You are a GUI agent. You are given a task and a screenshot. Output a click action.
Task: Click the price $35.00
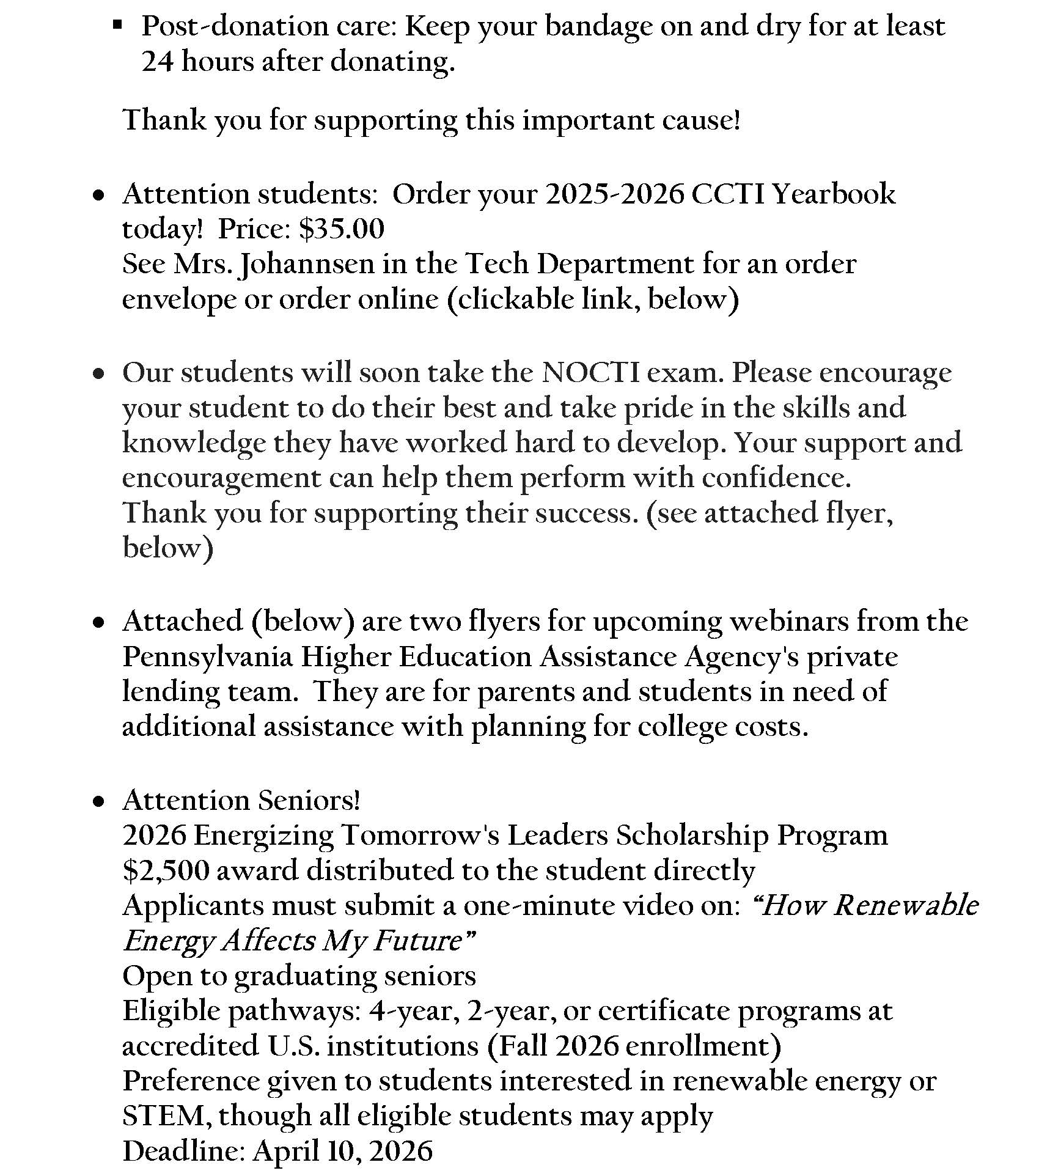click(x=342, y=229)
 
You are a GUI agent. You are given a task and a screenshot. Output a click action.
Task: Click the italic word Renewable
click(x=906, y=905)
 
